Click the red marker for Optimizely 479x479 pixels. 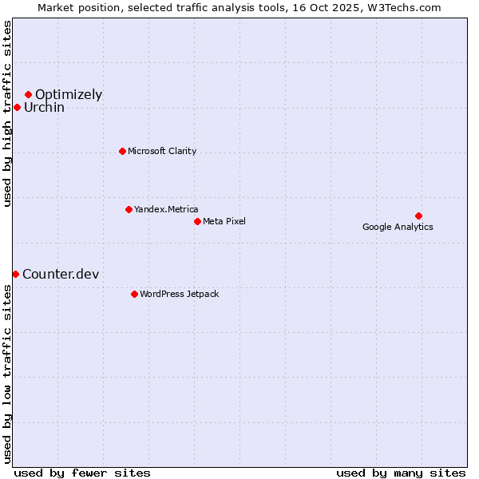tap(28, 94)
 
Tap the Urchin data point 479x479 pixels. tap(17, 107)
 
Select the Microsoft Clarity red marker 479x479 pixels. tap(122, 151)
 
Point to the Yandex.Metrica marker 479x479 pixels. tap(129, 209)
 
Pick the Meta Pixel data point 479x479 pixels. tap(197, 221)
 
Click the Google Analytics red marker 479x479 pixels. tap(418, 216)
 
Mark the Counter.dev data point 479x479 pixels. tap(15, 274)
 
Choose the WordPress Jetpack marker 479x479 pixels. tap(134, 294)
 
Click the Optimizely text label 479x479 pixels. tap(69, 95)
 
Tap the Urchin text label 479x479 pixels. tap(44, 108)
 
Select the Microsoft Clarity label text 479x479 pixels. tap(162, 151)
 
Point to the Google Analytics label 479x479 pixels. tap(398, 227)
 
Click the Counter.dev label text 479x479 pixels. tap(61, 275)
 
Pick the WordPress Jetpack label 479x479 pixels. tap(179, 294)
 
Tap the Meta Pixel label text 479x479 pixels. tap(224, 221)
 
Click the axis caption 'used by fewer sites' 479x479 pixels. tap(82, 473)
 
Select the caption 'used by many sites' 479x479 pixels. tap(401, 473)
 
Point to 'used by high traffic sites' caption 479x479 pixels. tap(7, 113)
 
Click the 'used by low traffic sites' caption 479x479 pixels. tap(7, 374)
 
